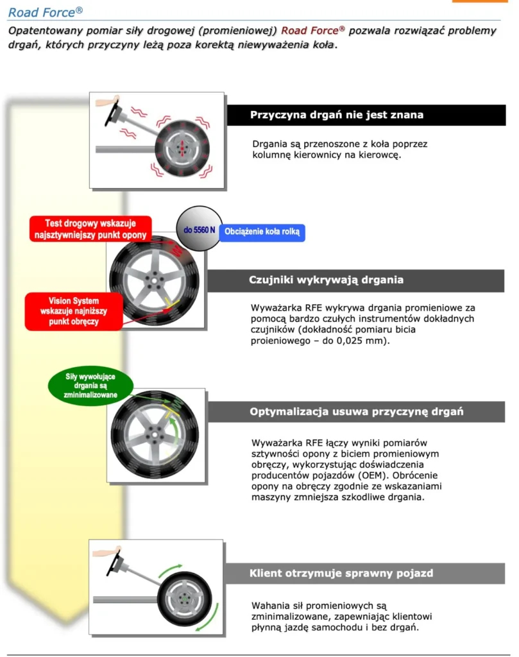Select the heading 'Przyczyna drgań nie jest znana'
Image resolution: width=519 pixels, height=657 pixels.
tap(336, 115)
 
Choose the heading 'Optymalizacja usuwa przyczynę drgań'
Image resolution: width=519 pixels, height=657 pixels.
tap(357, 411)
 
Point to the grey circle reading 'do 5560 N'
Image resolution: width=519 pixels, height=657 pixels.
tap(199, 229)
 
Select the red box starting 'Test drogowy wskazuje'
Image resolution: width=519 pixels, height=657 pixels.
tap(90, 229)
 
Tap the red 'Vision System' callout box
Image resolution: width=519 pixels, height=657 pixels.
tap(74, 311)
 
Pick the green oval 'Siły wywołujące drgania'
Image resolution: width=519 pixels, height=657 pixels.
tap(90, 386)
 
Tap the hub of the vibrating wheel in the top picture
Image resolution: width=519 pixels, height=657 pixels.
tap(182, 148)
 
